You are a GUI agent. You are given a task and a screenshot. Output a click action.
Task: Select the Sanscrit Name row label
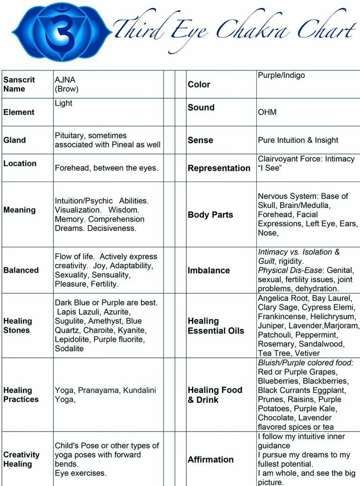[19, 84]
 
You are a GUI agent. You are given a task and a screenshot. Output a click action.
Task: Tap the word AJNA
[65, 80]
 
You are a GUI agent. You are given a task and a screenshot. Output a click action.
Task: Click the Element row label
[19, 112]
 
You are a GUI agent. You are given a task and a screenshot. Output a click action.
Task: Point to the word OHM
[267, 112]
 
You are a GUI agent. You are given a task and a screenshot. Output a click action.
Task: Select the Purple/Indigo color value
[281, 75]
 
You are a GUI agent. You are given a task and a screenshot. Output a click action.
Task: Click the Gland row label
[15, 140]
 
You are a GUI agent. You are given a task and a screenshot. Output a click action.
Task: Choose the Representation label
[219, 168]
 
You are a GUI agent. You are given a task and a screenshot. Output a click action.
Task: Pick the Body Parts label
[210, 214]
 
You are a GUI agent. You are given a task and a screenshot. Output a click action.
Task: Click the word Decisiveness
[113, 228]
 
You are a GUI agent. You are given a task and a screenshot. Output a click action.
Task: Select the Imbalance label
[208, 270]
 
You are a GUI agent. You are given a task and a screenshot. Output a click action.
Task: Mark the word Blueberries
[278, 381]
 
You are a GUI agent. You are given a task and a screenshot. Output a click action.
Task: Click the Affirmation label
[211, 460]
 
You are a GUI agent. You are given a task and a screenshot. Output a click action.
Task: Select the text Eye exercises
[81, 473]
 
